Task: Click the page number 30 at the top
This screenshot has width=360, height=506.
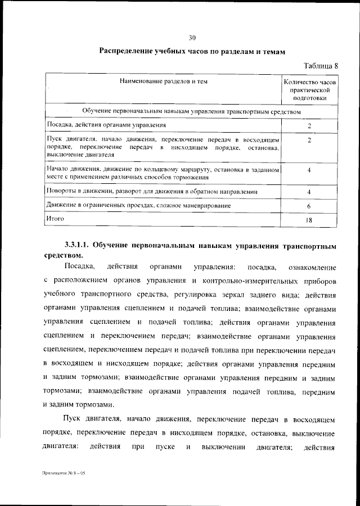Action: (x=192, y=38)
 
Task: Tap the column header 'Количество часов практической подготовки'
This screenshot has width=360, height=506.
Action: (x=310, y=89)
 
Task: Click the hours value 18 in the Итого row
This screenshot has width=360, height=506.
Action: (x=309, y=220)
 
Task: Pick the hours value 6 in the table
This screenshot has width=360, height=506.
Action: (x=309, y=206)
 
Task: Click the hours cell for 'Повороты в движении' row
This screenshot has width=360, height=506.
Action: (x=309, y=192)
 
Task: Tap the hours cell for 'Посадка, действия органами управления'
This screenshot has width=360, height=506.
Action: (x=309, y=125)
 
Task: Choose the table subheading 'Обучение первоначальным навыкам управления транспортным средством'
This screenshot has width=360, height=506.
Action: (x=191, y=111)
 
